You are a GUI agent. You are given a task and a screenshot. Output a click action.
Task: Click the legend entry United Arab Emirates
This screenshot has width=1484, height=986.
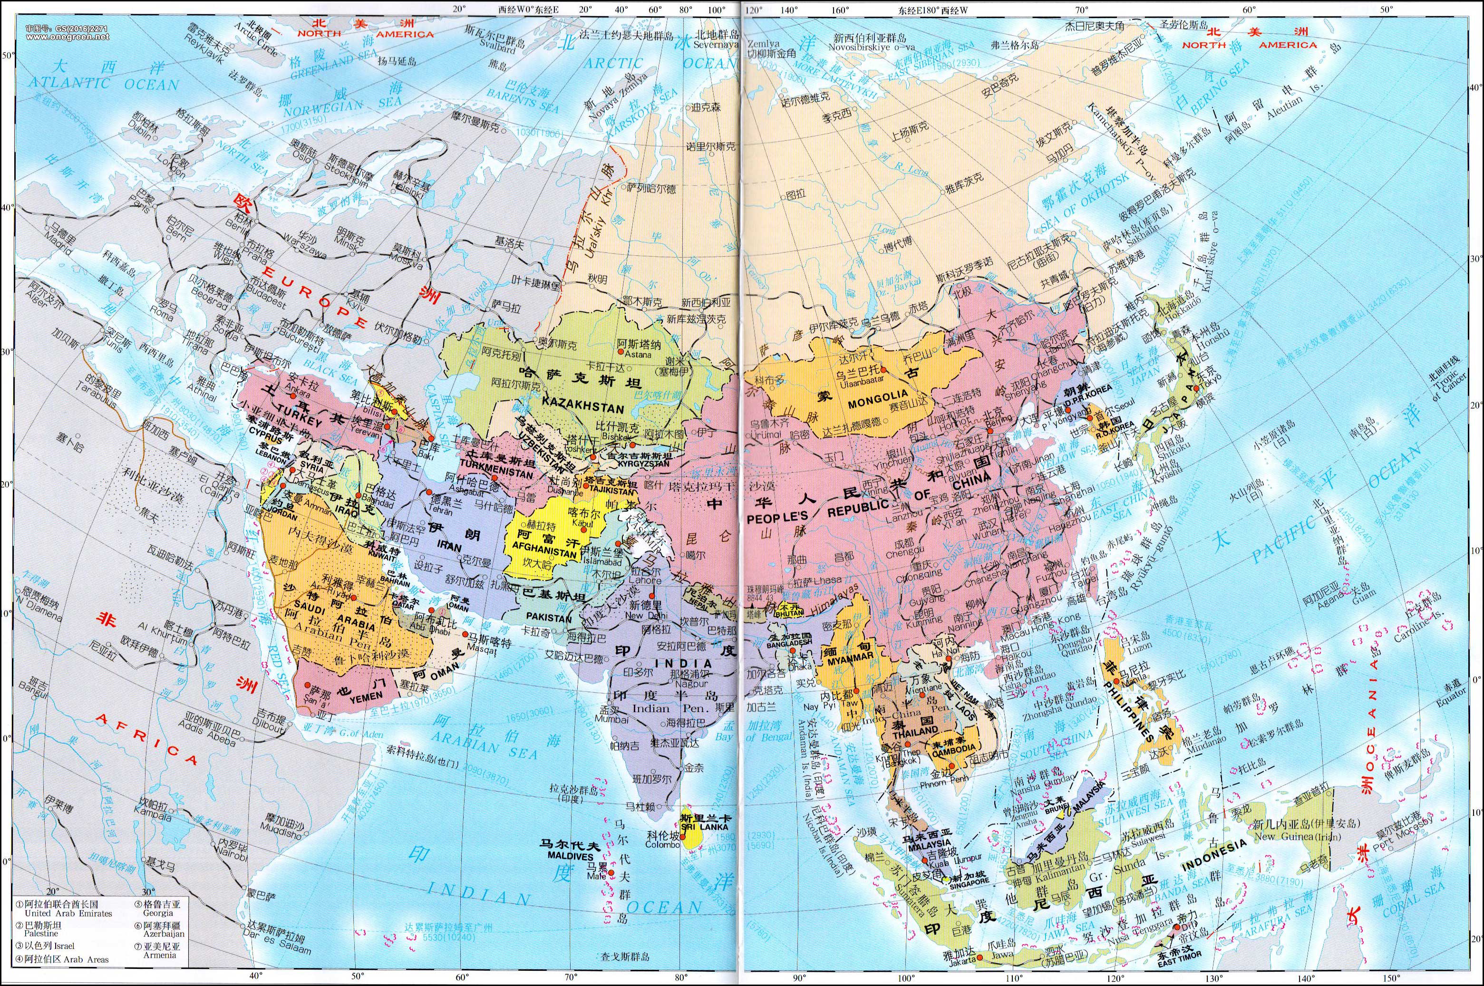click(68, 913)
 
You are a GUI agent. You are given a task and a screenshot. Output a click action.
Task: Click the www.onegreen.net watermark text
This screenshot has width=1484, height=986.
click(68, 37)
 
